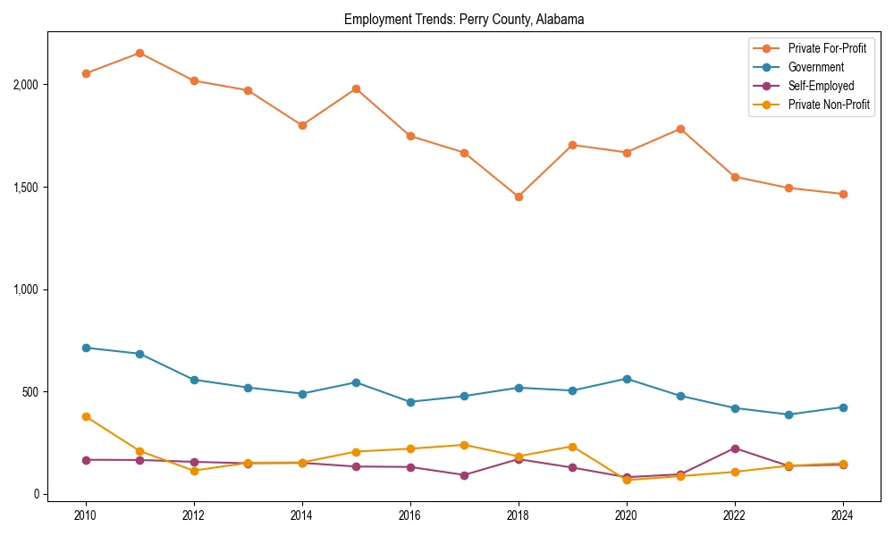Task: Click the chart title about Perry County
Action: (464, 19)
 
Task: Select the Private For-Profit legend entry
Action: (827, 48)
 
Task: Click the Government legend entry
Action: (815, 67)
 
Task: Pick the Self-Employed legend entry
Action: (821, 86)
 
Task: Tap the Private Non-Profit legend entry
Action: (829, 105)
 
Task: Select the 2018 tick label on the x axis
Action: (518, 515)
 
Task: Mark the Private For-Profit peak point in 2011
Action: (140, 53)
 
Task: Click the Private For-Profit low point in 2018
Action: (519, 197)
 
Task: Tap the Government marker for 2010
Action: (86, 348)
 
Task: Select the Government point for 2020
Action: (627, 379)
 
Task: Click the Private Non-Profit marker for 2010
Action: (86, 416)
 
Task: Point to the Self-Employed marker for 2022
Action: (735, 448)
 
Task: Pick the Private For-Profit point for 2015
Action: (356, 88)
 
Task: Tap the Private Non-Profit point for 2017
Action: (464, 445)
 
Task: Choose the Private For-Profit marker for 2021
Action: (680, 129)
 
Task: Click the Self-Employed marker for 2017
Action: (464, 475)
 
